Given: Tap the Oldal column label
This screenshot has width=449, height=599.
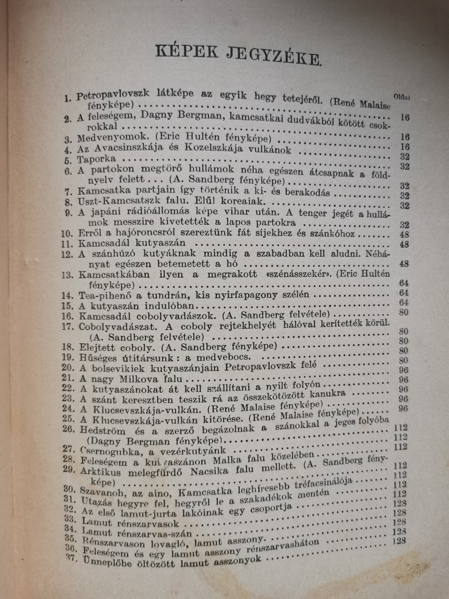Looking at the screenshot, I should [401, 97].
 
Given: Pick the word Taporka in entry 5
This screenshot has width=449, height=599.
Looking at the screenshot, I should [96, 159].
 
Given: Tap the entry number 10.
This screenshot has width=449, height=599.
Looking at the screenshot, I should [69, 233].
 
